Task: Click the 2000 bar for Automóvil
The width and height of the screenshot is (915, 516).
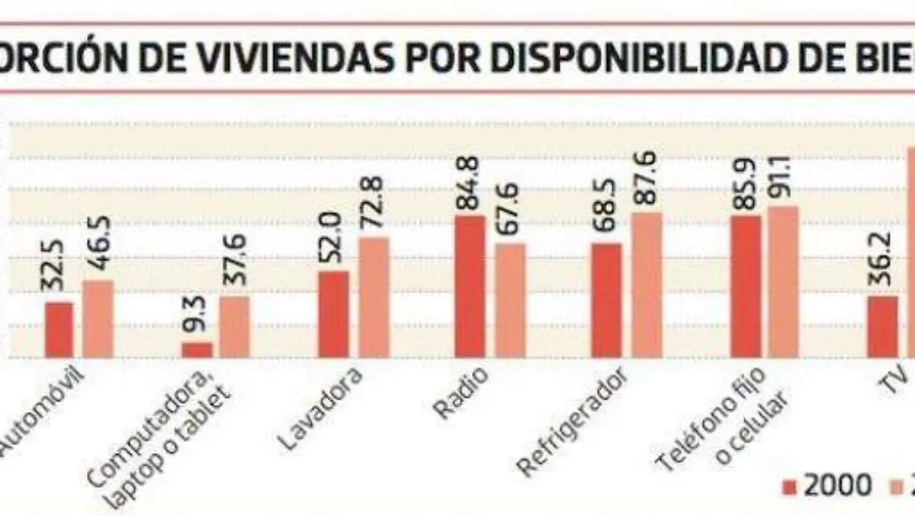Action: click(x=59, y=330)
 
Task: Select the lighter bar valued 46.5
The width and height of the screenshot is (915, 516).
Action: click(x=98, y=319)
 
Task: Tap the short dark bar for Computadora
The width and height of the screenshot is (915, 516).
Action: click(x=197, y=350)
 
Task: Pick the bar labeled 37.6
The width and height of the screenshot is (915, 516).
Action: click(x=235, y=327)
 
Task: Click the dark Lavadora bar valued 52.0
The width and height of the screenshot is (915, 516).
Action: click(x=333, y=314)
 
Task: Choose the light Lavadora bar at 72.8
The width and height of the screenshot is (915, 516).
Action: click(x=373, y=298)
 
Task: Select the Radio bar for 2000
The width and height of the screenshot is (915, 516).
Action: click(x=470, y=286)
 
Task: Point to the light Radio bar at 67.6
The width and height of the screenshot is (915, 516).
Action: click(x=509, y=301)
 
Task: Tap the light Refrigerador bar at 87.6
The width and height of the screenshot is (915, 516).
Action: click(x=647, y=285)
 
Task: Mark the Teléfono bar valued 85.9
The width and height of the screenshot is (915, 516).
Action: click(x=745, y=286)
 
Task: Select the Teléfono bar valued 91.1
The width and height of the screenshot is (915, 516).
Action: click(x=783, y=282)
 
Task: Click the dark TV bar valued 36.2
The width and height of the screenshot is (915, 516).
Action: click(x=882, y=327)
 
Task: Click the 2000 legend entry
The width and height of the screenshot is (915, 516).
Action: click(x=827, y=485)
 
